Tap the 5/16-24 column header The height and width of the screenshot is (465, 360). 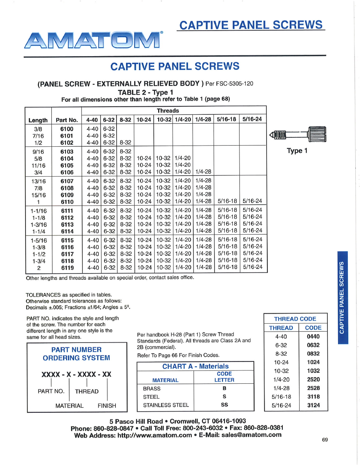[x=252, y=120]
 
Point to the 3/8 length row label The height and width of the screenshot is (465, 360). [x=38, y=128]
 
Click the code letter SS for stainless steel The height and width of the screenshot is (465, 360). [x=224, y=405]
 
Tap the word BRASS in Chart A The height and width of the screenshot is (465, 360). [x=152, y=388]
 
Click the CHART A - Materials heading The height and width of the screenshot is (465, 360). [x=195, y=367]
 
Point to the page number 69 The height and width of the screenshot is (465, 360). [x=325, y=440]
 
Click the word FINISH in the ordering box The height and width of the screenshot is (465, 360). [x=107, y=406]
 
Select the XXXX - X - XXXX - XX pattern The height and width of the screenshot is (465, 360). [x=76, y=375]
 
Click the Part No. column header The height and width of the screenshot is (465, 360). [x=66, y=120]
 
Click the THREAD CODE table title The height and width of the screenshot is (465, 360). [x=295, y=319]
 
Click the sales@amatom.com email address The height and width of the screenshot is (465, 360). [x=251, y=435]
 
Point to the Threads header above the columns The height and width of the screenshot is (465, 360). [x=168, y=111]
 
